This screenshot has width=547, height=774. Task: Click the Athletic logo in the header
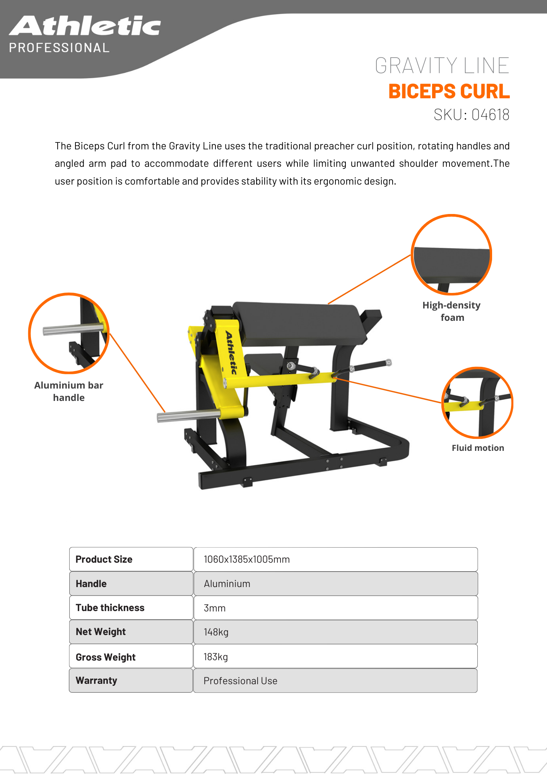pyautogui.click(x=85, y=26)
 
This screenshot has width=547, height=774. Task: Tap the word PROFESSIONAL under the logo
pyautogui.click(x=59, y=48)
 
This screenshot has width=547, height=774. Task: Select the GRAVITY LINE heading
pyautogui.click(x=442, y=65)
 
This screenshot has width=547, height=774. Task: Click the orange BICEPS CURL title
pyautogui.click(x=449, y=91)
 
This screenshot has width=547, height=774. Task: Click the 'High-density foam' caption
pyautogui.click(x=451, y=311)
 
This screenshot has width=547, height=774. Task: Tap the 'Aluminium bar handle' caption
pyautogui.click(x=69, y=391)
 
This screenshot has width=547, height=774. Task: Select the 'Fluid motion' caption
pyautogui.click(x=478, y=448)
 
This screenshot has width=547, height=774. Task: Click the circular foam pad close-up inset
pyautogui.click(x=451, y=255)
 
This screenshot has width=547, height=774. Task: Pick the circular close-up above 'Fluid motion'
pyautogui.click(x=477, y=402)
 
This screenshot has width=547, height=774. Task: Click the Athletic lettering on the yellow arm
pyautogui.click(x=231, y=352)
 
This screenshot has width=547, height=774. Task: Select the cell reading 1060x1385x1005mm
pyautogui.click(x=247, y=559)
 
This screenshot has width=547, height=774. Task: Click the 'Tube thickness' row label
pyautogui.click(x=110, y=608)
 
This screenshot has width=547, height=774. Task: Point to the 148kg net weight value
pyautogui.click(x=216, y=632)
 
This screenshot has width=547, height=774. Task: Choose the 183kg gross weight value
pyautogui.click(x=215, y=657)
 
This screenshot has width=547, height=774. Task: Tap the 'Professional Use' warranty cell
pyautogui.click(x=240, y=681)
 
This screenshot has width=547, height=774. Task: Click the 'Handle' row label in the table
pyautogui.click(x=91, y=584)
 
